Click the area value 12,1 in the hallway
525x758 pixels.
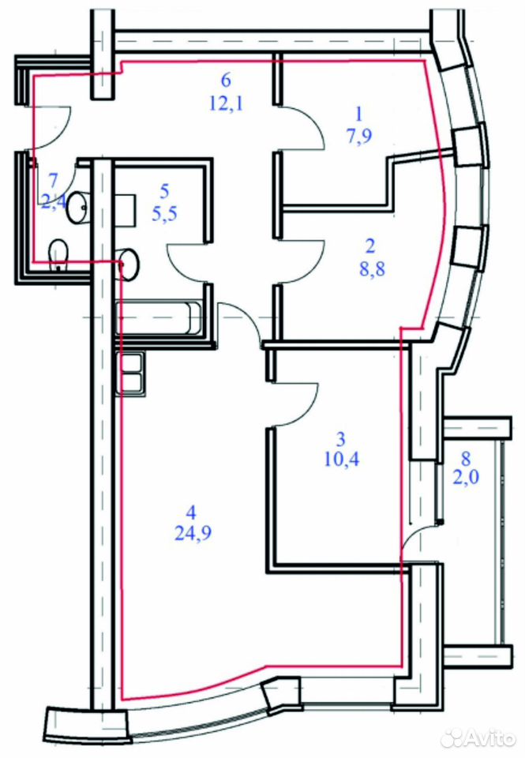tap(227, 103)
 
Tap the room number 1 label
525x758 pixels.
tap(358, 114)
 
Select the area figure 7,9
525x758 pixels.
tap(358, 137)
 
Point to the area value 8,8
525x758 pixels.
tap(373, 268)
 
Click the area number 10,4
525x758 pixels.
tap(342, 460)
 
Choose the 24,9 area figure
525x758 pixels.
tap(193, 535)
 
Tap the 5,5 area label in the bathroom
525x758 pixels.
tap(164, 213)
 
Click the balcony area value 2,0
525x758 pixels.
tap(466, 478)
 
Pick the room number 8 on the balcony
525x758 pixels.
tap(466, 457)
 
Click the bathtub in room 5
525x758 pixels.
tap(159, 317)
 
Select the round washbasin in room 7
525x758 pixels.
tap(77, 208)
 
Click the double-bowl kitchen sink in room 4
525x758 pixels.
tap(129, 374)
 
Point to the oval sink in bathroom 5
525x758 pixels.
tap(129, 264)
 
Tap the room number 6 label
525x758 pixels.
tap(226, 81)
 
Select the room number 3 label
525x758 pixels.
tap(341, 440)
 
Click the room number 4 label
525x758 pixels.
tap(193, 512)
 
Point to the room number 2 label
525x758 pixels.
tap(371, 246)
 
